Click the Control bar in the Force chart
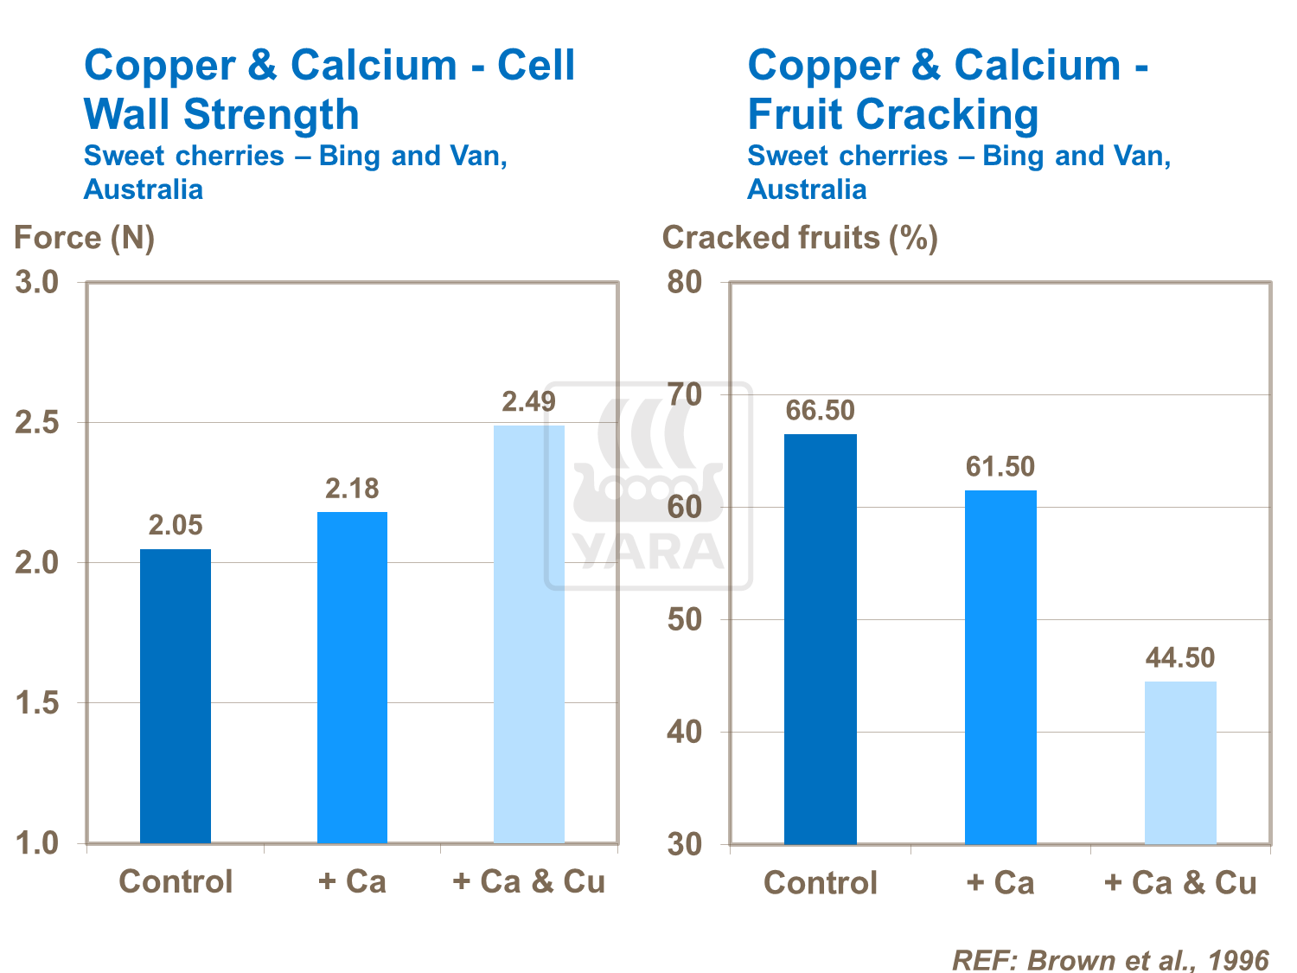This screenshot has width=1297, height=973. click(x=176, y=696)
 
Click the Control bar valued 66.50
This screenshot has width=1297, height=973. click(x=821, y=639)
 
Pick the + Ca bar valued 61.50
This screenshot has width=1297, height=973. click(x=1000, y=667)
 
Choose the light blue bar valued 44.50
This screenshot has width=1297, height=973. click(x=1180, y=762)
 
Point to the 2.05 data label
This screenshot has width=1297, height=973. click(x=176, y=525)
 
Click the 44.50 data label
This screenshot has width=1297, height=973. click(x=1180, y=657)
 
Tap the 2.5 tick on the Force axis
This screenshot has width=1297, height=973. click(x=38, y=423)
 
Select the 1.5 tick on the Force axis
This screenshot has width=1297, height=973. click(x=38, y=703)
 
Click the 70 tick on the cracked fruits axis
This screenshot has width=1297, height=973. click(x=685, y=395)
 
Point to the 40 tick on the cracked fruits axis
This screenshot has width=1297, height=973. click(x=685, y=732)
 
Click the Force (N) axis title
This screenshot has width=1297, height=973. click(x=84, y=238)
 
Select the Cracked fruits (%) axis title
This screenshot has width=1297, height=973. click(x=800, y=238)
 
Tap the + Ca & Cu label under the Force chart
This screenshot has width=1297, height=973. click(x=529, y=881)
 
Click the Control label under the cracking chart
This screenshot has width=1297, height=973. click(x=821, y=882)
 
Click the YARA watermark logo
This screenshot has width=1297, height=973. click(x=648, y=486)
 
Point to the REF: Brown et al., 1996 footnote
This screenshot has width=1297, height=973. click(x=1110, y=959)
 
